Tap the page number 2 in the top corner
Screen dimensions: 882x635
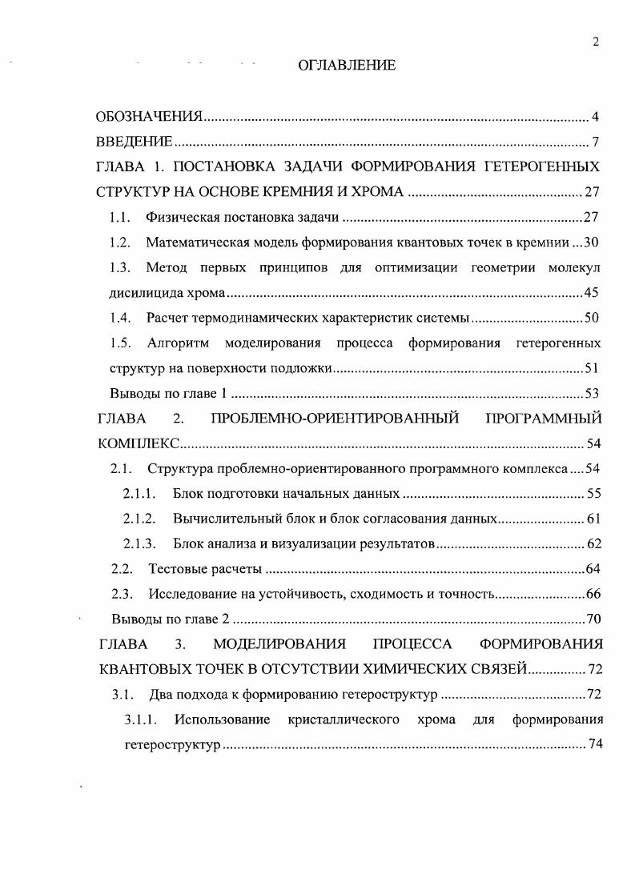[x=596, y=43]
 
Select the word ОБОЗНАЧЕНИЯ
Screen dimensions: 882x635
[x=148, y=118]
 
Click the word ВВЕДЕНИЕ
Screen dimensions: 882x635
[x=134, y=142]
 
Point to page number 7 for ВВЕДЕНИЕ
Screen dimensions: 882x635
[x=597, y=142]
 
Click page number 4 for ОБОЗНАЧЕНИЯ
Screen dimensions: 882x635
[x=597, y=118]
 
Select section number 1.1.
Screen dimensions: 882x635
[x=119, y=218]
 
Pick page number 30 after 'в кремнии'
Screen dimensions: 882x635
[x=592, y=243]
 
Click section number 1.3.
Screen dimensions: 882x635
[x=119, y=267]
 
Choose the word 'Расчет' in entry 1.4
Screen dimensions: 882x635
[x=166, y=318]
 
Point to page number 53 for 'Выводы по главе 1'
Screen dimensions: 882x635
[x=592, y=393]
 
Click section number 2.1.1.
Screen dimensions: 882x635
[x=139, y=494]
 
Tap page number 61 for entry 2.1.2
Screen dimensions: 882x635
[x=593, y=519]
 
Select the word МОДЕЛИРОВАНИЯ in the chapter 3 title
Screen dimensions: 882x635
[x=279, y=643]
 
